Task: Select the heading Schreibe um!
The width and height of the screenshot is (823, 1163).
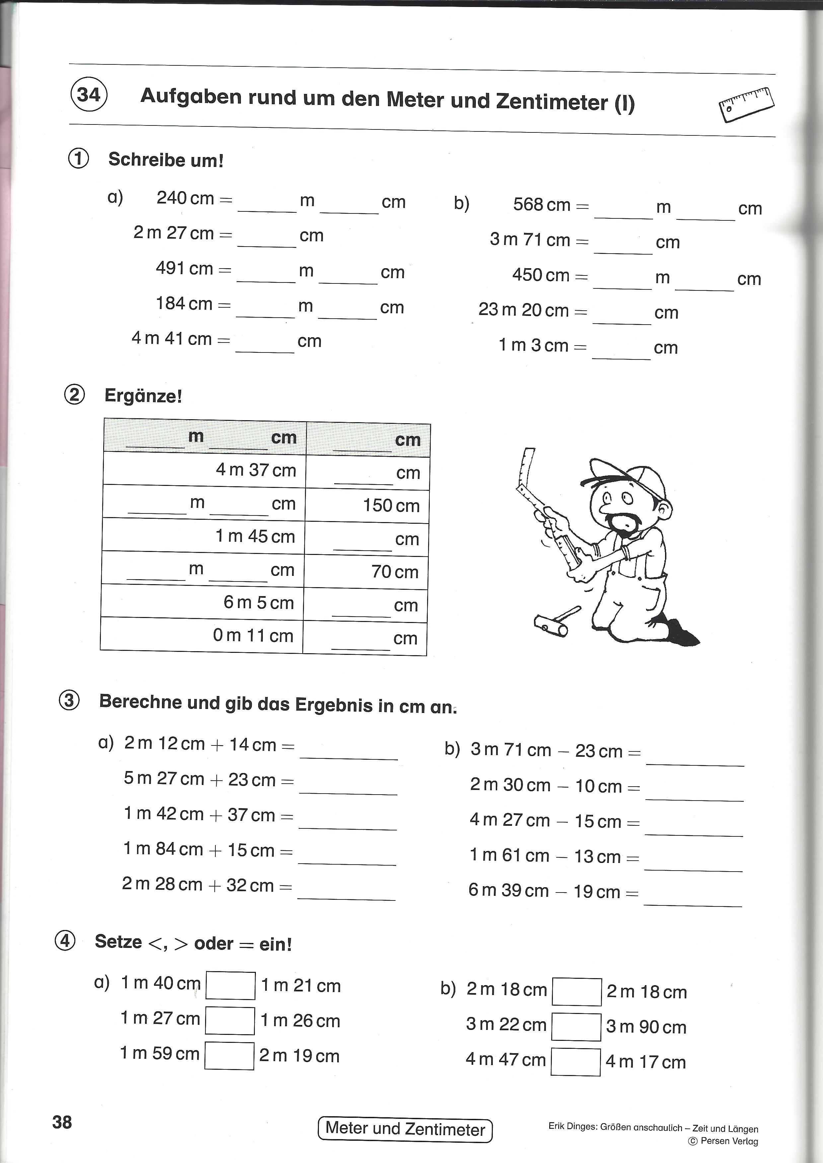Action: click(x=166, y=160)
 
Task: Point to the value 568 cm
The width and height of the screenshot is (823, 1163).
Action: click(x=542, y=205)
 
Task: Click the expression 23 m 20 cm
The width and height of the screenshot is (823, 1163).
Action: click(x=523, y=310)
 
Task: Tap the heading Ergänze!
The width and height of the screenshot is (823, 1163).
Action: click(x=143, y=395)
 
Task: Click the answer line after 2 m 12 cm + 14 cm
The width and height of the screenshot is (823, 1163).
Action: click(x=349, y=752)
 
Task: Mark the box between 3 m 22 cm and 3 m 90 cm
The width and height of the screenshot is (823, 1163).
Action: click(x=576, y=1027)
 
